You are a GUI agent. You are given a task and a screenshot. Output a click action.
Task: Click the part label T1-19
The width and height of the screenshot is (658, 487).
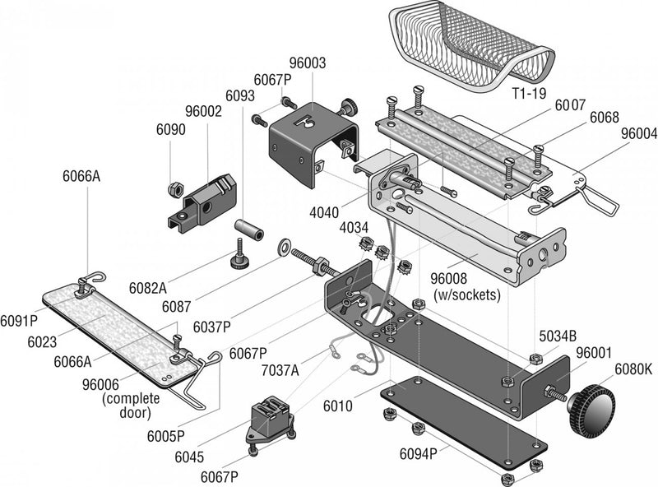527,93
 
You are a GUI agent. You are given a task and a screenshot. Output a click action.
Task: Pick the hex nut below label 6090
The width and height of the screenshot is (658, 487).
174,188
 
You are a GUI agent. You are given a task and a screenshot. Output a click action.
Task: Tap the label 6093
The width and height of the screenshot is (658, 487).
239,95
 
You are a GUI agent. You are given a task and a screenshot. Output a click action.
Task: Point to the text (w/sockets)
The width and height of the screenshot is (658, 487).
466,295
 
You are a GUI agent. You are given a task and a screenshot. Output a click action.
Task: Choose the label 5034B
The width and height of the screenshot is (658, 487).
558,336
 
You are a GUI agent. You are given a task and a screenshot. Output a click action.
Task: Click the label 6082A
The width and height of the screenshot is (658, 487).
147,288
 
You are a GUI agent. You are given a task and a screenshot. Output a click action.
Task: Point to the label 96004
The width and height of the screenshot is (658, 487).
639,132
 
